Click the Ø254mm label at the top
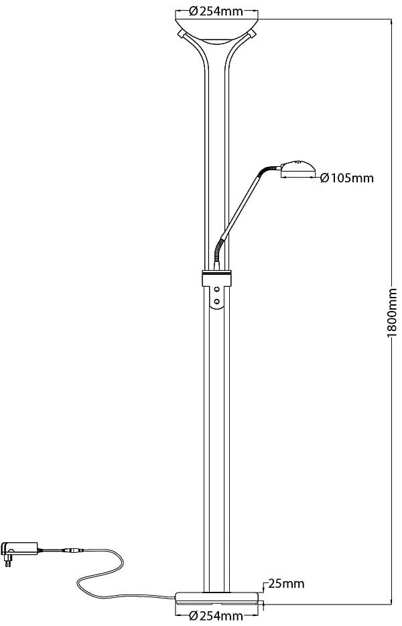[216, 10]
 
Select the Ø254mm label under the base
[216, 616]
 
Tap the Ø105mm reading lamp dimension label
[346, 178]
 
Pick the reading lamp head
[297, 169]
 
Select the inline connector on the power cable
[72, 551]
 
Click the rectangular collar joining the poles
[216, 278]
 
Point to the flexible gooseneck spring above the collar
[218, 252]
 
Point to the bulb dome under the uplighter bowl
[216, 42]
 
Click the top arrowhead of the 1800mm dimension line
[392, 21]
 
